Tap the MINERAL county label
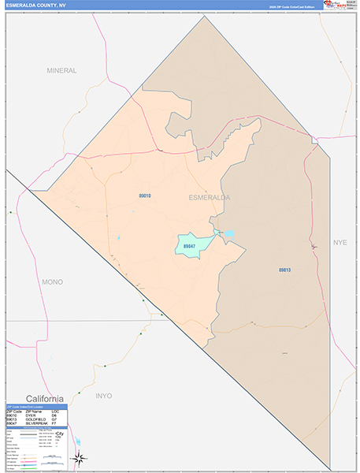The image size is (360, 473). coord(61,70)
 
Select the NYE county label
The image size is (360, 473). coord(340,242)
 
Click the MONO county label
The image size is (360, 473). coord(53,281)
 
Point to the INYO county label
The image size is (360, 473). coord(103,395)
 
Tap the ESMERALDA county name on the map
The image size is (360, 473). coord(210,197)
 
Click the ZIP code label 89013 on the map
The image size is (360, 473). coord(284,270)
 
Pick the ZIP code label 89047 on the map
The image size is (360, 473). coord(189,246)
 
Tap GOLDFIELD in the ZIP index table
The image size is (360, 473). coord(35,419)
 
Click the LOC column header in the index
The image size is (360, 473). coord(55,412)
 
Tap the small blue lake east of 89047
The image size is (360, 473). coord(229,233)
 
